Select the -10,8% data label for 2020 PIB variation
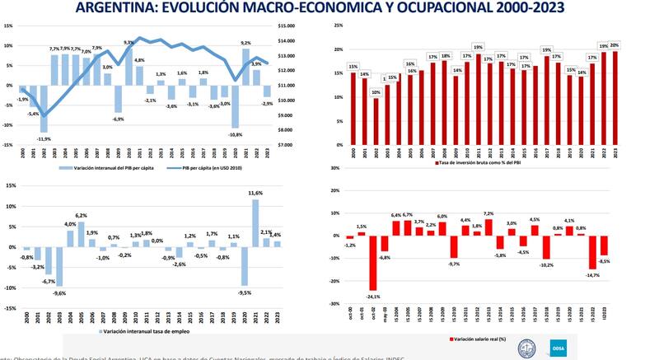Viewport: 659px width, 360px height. [235, 134]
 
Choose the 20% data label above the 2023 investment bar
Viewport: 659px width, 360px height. [615, 45]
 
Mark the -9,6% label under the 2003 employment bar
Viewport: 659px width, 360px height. [58, 293]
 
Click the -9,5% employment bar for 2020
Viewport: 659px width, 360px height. [245, 265]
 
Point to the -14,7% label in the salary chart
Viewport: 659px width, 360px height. [591, 275]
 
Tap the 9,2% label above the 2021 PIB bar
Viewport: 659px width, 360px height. [245, 43]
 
